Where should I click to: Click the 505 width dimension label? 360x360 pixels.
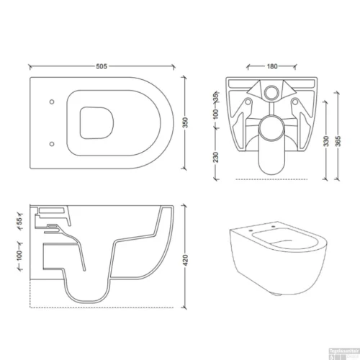pos(102,66)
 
